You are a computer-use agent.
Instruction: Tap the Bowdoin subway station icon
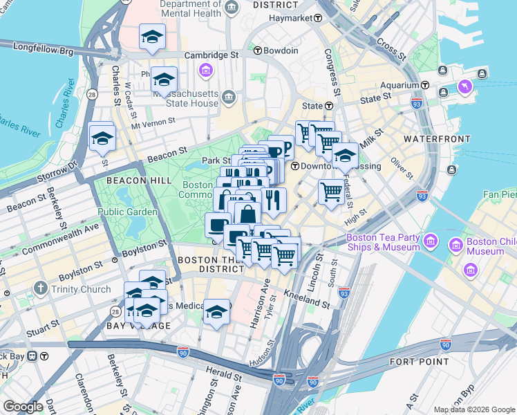[258, 50]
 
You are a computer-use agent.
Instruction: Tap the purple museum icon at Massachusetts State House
[205, 71]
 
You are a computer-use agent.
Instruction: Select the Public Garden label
[121, 212]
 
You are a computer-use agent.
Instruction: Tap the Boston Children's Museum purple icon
[456, 245]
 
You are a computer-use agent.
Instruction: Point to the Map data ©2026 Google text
[473, 409]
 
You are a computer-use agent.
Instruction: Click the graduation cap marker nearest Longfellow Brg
[151, 37]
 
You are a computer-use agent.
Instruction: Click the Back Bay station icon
[43, 356]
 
